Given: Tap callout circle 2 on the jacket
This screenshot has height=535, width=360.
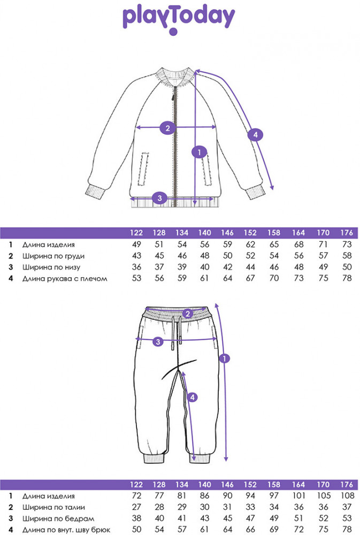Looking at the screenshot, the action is pos(167,128).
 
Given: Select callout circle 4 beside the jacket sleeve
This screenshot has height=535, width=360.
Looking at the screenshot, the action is pos(256,135).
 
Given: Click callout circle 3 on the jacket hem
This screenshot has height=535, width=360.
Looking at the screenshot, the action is pos(159,197).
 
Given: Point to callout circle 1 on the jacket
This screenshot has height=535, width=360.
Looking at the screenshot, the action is pos(200,152).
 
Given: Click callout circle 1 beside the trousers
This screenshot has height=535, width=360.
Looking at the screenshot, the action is pos(224,358).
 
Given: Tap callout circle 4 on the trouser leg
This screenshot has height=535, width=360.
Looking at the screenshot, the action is pos(193,397).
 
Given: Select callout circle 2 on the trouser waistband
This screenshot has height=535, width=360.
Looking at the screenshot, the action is pos(188,314).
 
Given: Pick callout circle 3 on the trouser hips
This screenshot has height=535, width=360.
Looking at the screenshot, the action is pos(158,341).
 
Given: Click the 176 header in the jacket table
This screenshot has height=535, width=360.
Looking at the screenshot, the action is pos(346,233).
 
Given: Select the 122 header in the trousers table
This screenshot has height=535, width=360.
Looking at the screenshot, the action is pos(136,485).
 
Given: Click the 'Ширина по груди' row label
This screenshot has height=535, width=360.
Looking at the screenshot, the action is pos(53,256).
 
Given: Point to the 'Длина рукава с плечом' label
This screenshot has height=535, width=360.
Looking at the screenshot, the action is pos(65,279).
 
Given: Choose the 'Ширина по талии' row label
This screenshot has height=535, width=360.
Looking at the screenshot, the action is pos(53,507).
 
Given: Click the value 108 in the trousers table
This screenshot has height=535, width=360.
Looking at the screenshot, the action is pos(347,496).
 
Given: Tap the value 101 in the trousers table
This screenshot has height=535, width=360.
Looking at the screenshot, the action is pos(298,496).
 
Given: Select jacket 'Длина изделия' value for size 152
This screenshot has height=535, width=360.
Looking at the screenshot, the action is pos(250,244).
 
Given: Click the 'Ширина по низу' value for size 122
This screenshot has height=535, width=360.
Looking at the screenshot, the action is pos(136,267).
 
